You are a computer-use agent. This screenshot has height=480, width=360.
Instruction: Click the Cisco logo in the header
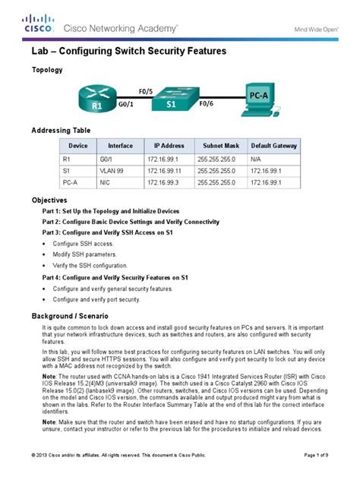point(38,24)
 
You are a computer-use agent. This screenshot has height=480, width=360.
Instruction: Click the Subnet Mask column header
point(220,145)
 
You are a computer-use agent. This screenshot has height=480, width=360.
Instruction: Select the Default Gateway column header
point(274,145)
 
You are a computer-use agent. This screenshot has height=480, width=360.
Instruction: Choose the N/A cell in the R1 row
point(257,160)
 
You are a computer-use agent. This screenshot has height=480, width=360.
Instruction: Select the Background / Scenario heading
point(76,314)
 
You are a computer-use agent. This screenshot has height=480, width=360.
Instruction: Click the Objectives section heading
point(49,199)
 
